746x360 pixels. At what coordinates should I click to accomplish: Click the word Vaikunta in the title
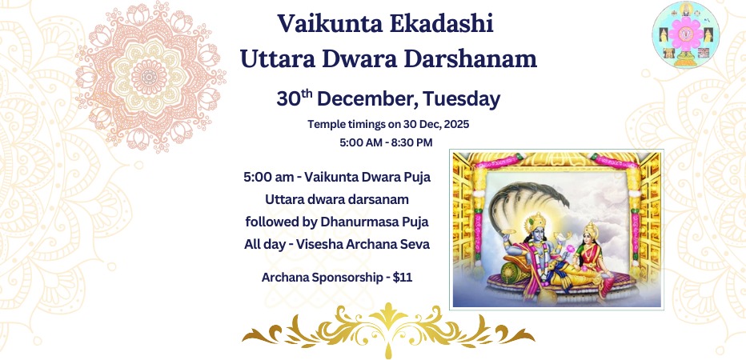[319, 24]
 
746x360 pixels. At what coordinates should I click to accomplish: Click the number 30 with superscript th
[294, 98]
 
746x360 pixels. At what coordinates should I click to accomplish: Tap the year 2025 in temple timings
[437, 125]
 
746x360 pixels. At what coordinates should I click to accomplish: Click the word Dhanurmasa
[348, 221]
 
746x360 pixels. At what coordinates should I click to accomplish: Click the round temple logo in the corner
[686, 35]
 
